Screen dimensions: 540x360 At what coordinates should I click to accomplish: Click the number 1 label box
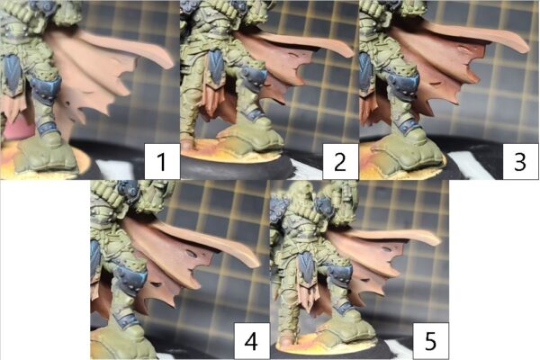(162, 162)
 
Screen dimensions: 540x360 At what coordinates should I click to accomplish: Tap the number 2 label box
(340, 162)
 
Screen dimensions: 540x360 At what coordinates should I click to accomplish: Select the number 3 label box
(520, 162)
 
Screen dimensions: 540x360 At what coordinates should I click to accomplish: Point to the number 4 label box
(252, 341)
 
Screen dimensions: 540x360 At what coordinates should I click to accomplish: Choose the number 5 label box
(431, 341)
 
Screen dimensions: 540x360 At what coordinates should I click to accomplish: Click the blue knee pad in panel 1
(46, 89)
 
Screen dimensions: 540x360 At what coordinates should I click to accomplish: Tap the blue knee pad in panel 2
(254, 77)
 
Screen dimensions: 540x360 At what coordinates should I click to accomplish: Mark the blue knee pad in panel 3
(403, 82)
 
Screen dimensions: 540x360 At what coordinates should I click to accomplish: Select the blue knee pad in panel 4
(131, 276)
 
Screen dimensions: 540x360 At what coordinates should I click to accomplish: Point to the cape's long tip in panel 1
(170, 63)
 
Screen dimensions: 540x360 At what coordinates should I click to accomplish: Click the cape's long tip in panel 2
(349, 52)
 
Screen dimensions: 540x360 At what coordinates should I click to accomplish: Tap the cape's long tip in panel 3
(526, 48)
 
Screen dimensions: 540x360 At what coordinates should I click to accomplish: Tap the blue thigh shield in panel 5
(305, 266)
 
